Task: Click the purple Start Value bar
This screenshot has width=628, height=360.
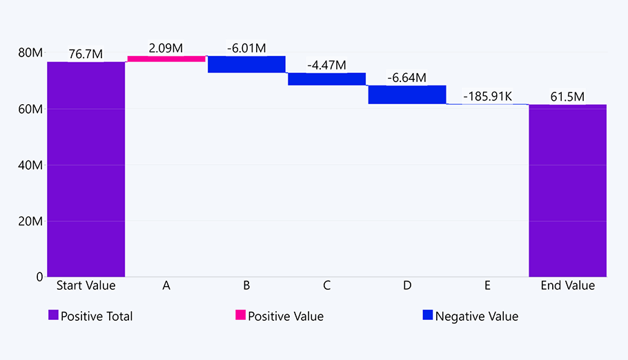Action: [86, 169]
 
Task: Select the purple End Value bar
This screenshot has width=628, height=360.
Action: [567, 190]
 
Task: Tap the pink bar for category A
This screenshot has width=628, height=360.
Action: [166, 59]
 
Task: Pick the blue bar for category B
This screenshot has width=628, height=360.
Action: [246, 64]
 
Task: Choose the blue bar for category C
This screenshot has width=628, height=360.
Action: [326, 79]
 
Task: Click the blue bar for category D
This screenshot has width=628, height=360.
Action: [406, 94]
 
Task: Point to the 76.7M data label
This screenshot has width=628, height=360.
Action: [86, 54]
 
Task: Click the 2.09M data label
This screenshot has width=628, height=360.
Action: [166, 48]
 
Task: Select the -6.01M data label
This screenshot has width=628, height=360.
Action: [246, 48]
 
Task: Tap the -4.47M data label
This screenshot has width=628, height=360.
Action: [326, 66]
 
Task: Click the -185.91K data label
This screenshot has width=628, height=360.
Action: [487, 96]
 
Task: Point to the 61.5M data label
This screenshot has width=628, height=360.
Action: [567, 97]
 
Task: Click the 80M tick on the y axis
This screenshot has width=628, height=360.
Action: [30, 53]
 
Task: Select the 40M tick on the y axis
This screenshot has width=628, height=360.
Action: [30, 166]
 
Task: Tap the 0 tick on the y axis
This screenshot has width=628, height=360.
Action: [38, 277]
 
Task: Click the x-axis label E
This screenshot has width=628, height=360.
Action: [487, 286]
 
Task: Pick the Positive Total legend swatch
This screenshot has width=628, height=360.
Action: [53, 315]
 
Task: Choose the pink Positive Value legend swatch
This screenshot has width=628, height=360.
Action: [240, 315]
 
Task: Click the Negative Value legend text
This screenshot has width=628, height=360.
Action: [476, 317]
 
